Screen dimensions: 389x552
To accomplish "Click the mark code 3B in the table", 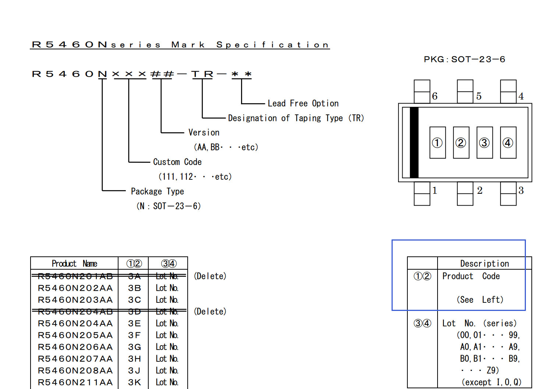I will (x=134, y=288).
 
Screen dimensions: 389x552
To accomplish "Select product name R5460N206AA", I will (x=75, y=347).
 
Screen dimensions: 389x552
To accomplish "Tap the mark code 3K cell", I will (x=134, y=382).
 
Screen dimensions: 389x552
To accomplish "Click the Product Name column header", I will (x=74, y=263).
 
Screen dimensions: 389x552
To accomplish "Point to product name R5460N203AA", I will (x=75, y=300).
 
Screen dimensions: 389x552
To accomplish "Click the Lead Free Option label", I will (x=303, y=104).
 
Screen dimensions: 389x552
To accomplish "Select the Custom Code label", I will (x=177, y=162).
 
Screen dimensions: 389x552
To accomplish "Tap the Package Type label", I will (x=157, y=192).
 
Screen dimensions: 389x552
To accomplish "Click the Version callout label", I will (x=204, y=133).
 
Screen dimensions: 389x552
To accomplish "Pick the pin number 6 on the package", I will (x=435, y=96).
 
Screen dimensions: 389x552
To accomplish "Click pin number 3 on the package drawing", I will (x=521, y=190).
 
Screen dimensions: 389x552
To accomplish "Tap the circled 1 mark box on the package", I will (x=437, y=143).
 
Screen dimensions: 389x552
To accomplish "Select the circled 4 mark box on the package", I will (x=508, y=143).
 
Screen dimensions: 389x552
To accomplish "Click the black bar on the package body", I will (x=414, y=143).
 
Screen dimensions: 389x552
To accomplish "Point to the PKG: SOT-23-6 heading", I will (x=464, y=59).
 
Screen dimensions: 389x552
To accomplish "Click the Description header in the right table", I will (x=484, y=263).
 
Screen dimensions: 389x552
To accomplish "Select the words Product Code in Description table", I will (x=471, y=276).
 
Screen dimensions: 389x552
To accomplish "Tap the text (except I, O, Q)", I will (x=491, y=382).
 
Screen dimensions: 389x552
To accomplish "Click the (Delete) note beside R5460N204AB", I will (x=210, y=312).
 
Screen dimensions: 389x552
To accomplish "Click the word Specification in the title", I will (x=272, y=45).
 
